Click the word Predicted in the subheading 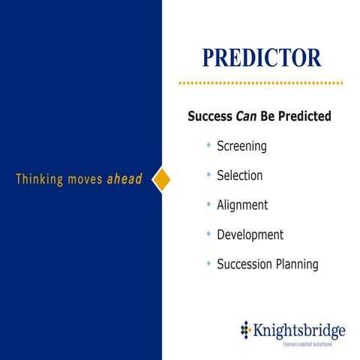(x=304, y=117)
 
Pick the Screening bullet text (x=241, y=146)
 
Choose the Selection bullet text (x=239, y=175)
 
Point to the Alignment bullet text (x=242, y=205)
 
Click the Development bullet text (x=250, y=235)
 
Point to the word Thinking (x=40, y=180)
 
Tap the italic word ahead (x=124, y=180)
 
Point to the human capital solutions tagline (x=307, y=343)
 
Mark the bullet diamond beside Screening (x=208, y=145)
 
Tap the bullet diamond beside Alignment (x=208, y=204)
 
